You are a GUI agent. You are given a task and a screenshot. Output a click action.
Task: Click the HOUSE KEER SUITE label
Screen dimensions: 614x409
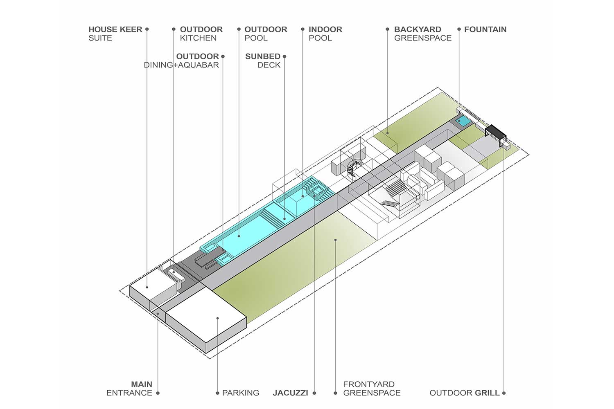click(x=115, y=34)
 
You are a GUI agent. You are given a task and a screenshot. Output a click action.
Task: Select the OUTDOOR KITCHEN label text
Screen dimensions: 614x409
click(x=201, y=34)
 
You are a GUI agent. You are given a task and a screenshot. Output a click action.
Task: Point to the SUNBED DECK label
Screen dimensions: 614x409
click(x=263, y=61)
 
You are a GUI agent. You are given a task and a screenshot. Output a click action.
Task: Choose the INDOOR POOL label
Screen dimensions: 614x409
click(x=325, y=34)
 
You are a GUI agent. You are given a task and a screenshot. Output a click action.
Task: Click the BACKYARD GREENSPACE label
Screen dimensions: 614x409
click(x=423, y=34)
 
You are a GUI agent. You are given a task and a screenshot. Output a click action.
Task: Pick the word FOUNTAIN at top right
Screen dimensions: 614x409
click(x=485, y=29)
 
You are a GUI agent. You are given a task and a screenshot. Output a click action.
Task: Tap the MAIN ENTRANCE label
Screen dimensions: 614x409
click(x=129, y=389)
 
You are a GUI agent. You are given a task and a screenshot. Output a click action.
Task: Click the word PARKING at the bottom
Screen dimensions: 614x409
click(x=241, y=393)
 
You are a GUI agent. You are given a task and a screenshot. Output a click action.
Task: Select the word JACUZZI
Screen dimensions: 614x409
click(x=290, y=393)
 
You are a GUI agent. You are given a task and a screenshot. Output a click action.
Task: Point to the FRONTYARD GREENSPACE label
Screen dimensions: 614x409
click(x=372, y=389)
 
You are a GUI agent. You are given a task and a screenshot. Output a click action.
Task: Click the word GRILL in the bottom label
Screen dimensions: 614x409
click(x=487, y=393)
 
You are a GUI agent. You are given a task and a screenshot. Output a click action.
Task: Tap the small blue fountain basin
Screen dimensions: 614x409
click(x=463, y=121)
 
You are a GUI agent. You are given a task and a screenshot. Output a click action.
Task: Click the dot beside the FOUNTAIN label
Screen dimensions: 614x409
click(x=459, y=29)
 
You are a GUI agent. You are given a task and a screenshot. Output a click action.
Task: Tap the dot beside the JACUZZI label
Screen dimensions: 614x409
click(x=314, y=393)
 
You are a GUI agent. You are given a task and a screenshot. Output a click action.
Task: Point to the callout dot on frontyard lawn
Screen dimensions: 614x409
click(x=335, y=240)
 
